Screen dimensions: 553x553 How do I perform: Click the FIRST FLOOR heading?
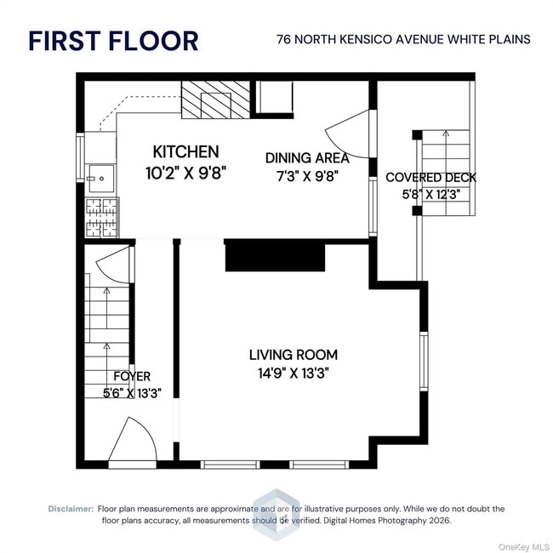click(113, 40)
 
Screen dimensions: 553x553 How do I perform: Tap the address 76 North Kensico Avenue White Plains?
click(403, 39)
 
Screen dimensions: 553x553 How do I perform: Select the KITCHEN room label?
click(185, 152)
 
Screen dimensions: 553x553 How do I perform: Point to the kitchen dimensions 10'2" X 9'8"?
click(185, 172)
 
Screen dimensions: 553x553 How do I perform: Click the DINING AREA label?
click(307, 158)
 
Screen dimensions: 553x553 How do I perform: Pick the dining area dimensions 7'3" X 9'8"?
click(307, 176)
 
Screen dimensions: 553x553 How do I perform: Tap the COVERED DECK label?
click(430, 177)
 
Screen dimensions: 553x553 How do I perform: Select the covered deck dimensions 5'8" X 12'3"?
click(430, 194)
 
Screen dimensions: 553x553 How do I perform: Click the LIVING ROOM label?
click(294, 354)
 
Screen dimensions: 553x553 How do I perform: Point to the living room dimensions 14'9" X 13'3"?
click(294, 373)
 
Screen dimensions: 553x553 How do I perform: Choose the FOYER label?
click(132, 376)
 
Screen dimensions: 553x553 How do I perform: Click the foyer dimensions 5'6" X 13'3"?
click(132, 393)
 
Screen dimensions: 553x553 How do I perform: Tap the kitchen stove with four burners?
click(101, 217)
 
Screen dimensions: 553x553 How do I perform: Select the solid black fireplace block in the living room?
click(275, 255)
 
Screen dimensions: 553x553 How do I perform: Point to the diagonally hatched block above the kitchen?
click(217, 100)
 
